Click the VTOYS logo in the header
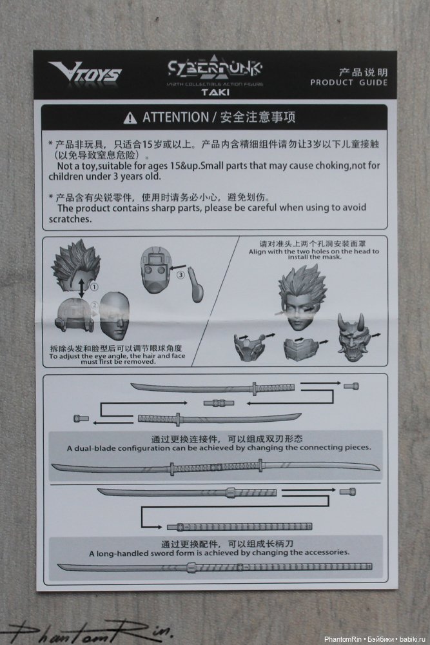click(85, 74)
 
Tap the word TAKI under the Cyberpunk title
click(215, 92)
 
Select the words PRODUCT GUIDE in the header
click(349, 83)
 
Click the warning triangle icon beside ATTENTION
click(130, 118)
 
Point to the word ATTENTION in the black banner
click(175, 117)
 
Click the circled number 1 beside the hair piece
click(94, 287)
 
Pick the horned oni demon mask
click(351, 337)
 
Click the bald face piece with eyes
click(114, 315)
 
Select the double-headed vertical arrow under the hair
click(82, 288)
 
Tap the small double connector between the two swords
click(215, 402)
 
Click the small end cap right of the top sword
click(351, 386)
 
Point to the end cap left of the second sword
click(81, 419)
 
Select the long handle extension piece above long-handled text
click(239, 526)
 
